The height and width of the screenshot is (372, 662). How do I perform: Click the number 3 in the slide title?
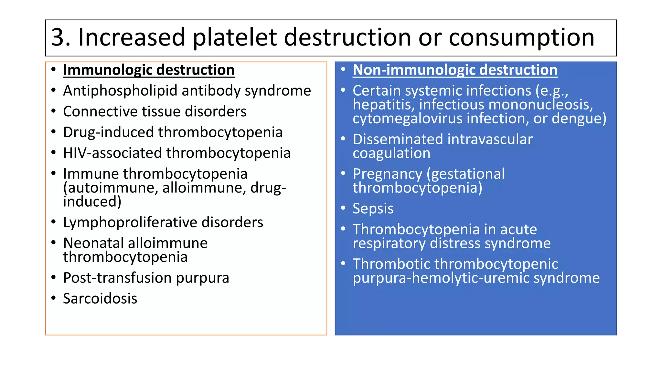[59, 37]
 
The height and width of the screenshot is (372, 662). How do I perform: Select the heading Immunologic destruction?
[149, 70]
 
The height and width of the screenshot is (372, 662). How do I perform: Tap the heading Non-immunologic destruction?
[455, 70]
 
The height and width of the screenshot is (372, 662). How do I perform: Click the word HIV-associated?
[112, 153]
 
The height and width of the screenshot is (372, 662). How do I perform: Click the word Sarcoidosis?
[100, 299]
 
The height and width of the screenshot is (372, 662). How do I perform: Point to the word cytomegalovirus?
[408, 119]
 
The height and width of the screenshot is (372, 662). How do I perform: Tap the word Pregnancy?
[387, 174]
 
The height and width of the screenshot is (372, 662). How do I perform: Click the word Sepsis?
[373, 209]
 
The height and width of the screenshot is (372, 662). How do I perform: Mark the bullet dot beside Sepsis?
[343, 208]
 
